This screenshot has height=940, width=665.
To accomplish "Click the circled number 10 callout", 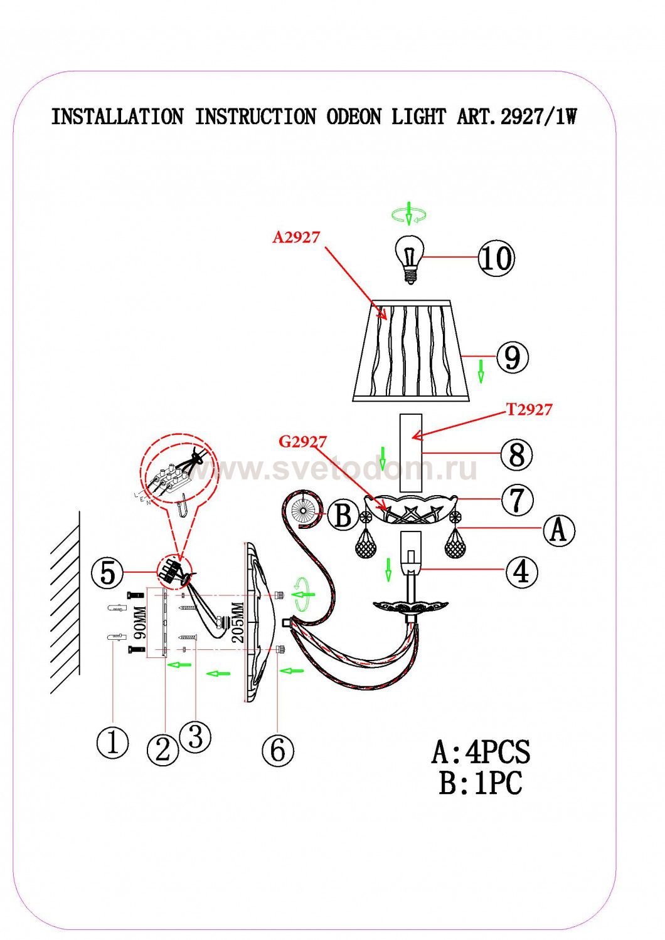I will (496, 258).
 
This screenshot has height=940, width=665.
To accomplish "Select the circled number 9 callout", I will (513, 357).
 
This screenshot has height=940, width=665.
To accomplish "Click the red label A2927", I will (296, 237).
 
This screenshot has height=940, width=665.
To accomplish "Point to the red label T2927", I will (529, 409).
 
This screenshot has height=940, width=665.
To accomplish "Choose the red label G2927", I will (302, 442).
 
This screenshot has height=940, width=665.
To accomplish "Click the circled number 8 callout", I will (516, 454).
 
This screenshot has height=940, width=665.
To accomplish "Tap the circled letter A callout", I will (558, 530).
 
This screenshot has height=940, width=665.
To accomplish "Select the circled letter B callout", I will (343, 517).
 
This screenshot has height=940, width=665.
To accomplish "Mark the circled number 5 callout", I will (107, 572).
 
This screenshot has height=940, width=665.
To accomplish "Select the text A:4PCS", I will (481, 751).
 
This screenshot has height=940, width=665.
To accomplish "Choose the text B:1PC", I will (481, 783).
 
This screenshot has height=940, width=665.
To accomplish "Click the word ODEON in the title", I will (353, 117).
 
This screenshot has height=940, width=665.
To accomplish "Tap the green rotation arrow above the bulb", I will (409, 215).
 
